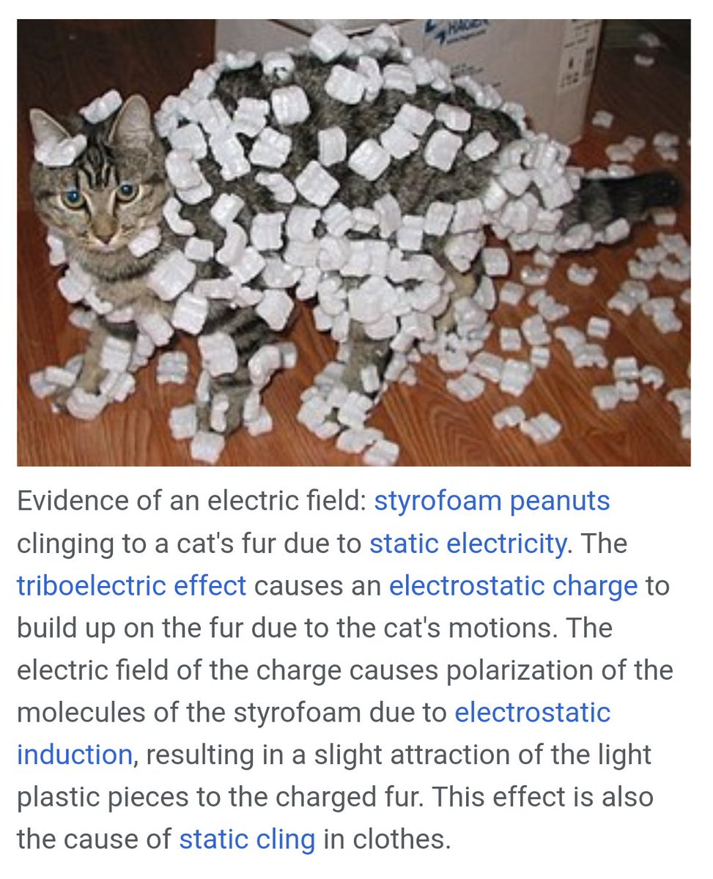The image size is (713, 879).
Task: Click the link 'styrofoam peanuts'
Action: tap(492, 502)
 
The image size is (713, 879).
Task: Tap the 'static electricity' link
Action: tap(468, 544)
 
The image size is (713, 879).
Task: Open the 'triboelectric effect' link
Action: tap(131, 586)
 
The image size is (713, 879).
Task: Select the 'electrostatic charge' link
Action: tap(513, 586)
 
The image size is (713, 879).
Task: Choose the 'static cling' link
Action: tap(247, 839)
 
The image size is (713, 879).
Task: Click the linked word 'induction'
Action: tap(74, 754)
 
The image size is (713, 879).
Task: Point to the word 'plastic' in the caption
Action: tap(59, 797)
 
